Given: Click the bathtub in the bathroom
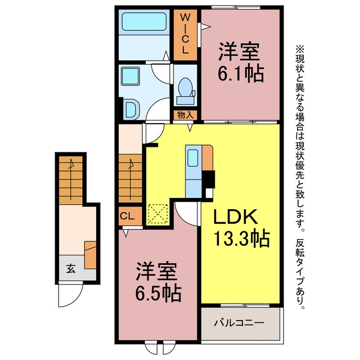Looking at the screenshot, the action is (x=144, y=21).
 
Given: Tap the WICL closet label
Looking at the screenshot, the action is (x=185, y=34).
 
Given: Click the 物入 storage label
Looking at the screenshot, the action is (x=185, y=115).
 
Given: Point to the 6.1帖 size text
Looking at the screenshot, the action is (x=240, y=74).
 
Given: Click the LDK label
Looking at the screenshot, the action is (x=235, y=217).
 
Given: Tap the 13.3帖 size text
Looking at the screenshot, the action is (x=241, y=238).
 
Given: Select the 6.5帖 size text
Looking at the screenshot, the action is (x=159, y=293).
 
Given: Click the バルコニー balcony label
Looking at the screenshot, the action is (x=239, y=323).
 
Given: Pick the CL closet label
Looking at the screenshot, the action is (x=127, y=216).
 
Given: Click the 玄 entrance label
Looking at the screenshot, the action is (x=71, y=268).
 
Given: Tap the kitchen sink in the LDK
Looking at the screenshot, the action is (x=192, y=158).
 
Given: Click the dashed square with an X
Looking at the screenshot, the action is (x=157, y=214).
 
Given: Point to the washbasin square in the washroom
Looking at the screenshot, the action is (x=130, y=76).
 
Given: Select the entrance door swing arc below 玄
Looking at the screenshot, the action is (x=70, y=296).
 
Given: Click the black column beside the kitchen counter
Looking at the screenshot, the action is (x=209, y=179).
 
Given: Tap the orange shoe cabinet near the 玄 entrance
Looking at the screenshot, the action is (x=90, y=255).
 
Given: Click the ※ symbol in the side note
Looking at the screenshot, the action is (x=300, y=49).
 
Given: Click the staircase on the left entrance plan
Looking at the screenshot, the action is (x=71, y=181).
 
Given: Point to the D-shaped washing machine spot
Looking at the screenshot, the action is (x=131, y=110).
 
